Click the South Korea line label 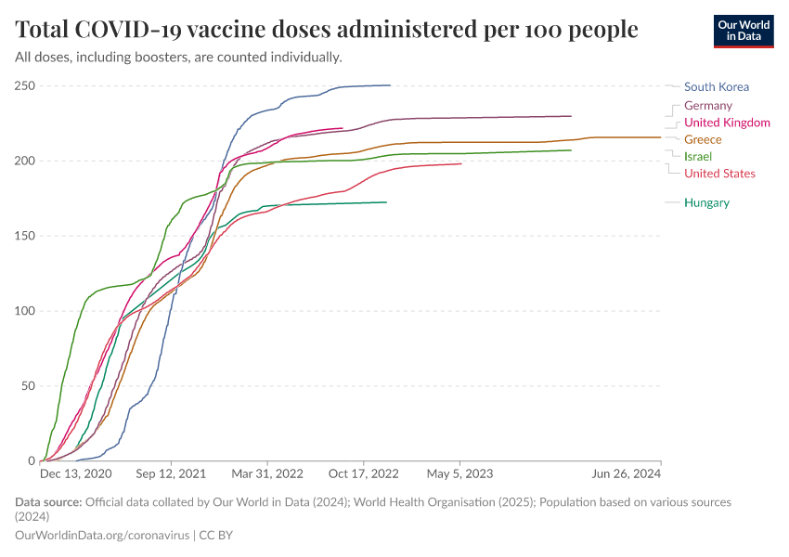[716, 87]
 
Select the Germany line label [707, 106]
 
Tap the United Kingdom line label [727, 123]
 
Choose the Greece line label [703, 139]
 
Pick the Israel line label [697, 156]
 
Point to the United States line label [719, 174]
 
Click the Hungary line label [706, 203]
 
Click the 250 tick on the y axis [24, 86]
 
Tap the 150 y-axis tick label [24, 236]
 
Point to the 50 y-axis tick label [28, 386]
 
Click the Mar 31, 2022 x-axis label [267, 473]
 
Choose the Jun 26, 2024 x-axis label [627, 473]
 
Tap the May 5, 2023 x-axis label [460, 473]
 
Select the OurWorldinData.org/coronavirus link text [102, 536]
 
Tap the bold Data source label [48, 502]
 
